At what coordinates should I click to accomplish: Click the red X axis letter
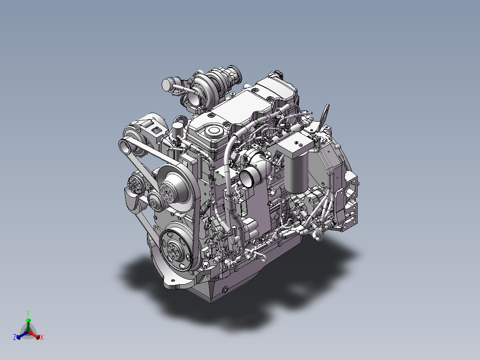point(42,337)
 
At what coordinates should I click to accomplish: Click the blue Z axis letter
point(15,337)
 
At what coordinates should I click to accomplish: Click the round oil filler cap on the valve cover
point(213,131)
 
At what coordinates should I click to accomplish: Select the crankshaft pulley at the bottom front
point(176,249)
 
